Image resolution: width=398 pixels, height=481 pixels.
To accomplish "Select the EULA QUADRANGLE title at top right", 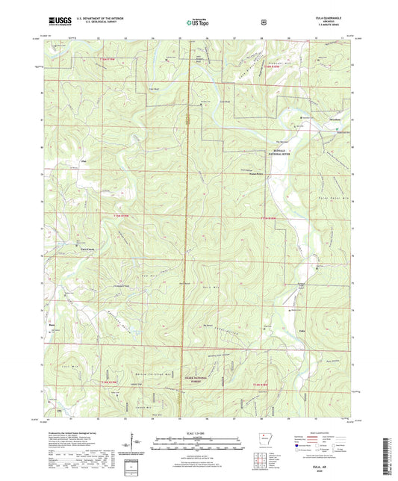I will tap(327, 19).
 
